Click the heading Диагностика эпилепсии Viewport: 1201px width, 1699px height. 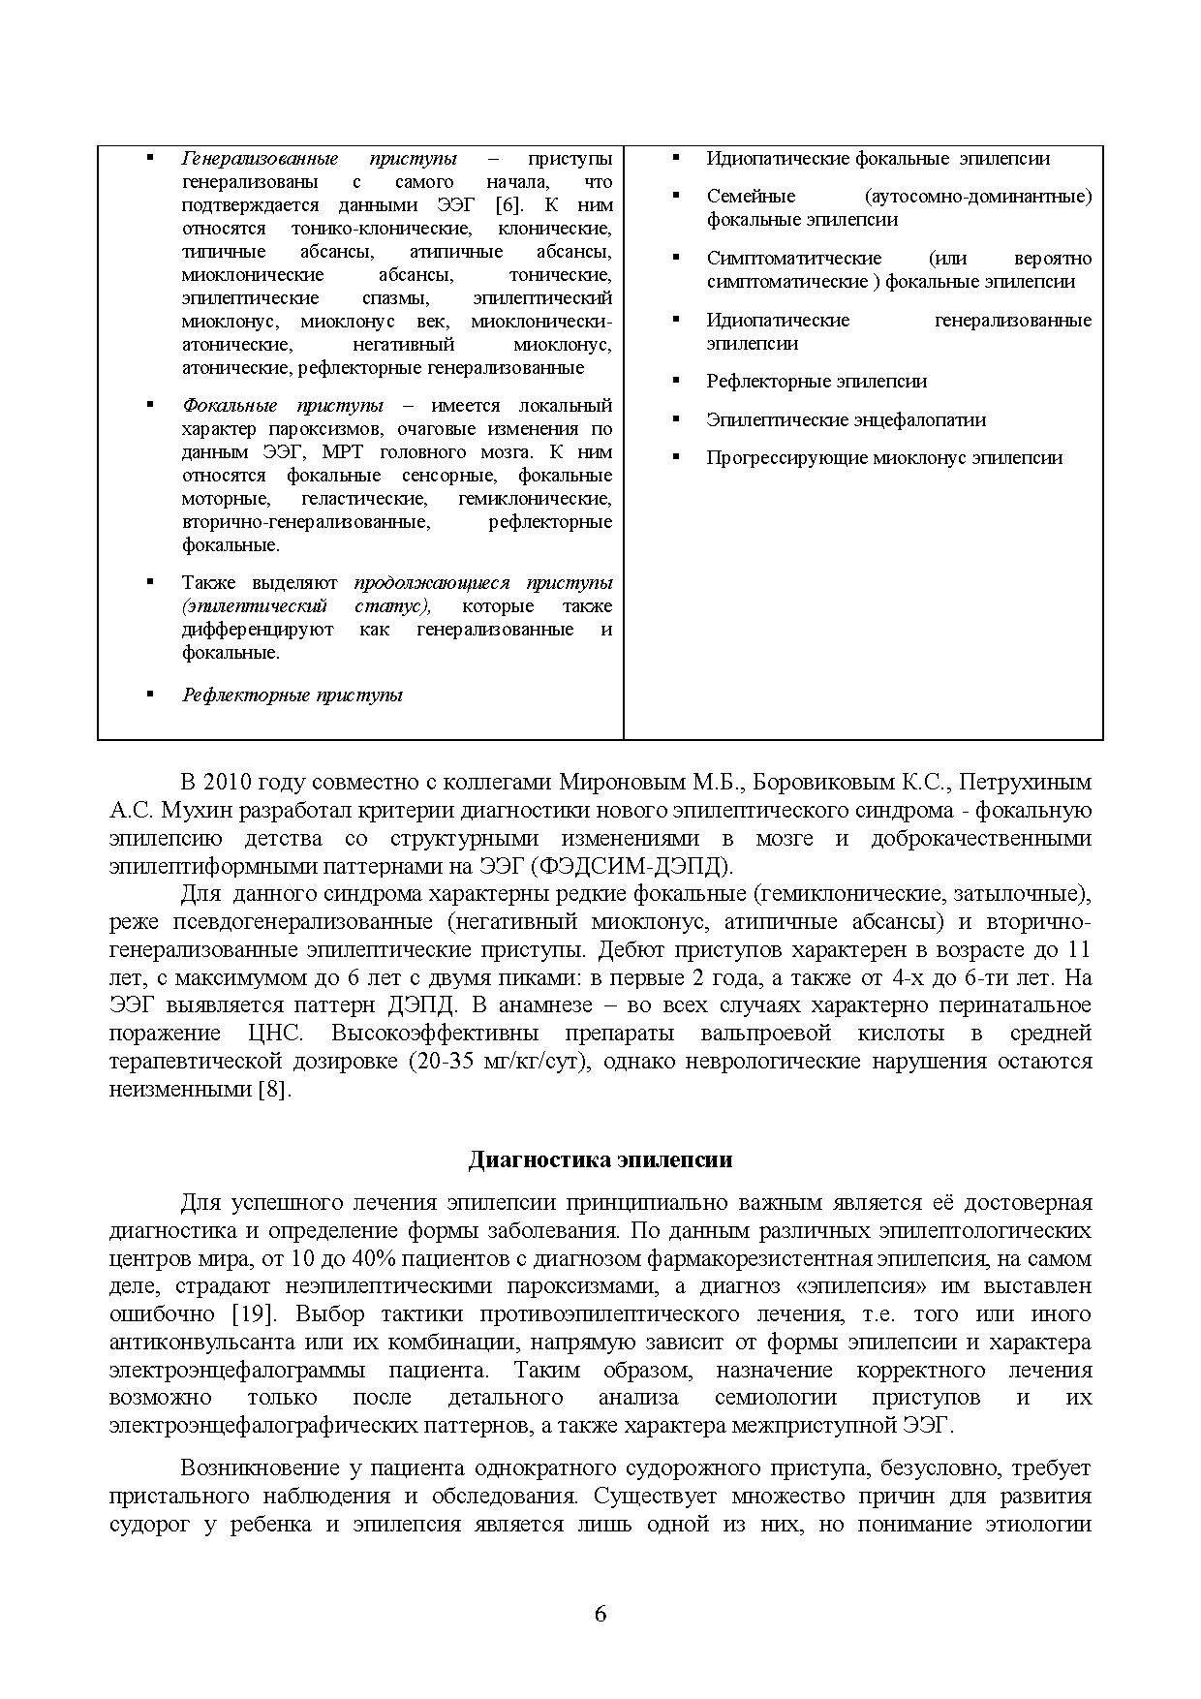[600, 1159]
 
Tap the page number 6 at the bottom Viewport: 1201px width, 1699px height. [600, 1614]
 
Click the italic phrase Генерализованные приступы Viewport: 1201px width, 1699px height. [319, 158]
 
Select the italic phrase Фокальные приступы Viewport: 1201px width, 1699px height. [282, 405]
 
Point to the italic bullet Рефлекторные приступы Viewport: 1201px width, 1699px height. [292, 695]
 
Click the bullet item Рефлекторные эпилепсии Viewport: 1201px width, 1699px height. [816, 381]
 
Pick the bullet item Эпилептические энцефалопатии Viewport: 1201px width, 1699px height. [846, 419]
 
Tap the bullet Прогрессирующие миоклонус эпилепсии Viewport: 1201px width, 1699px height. [883, 457]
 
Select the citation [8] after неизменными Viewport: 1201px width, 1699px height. [273, 1089]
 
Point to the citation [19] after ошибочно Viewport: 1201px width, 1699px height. [257, 1314]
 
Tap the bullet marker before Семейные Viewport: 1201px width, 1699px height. [675, 196]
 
